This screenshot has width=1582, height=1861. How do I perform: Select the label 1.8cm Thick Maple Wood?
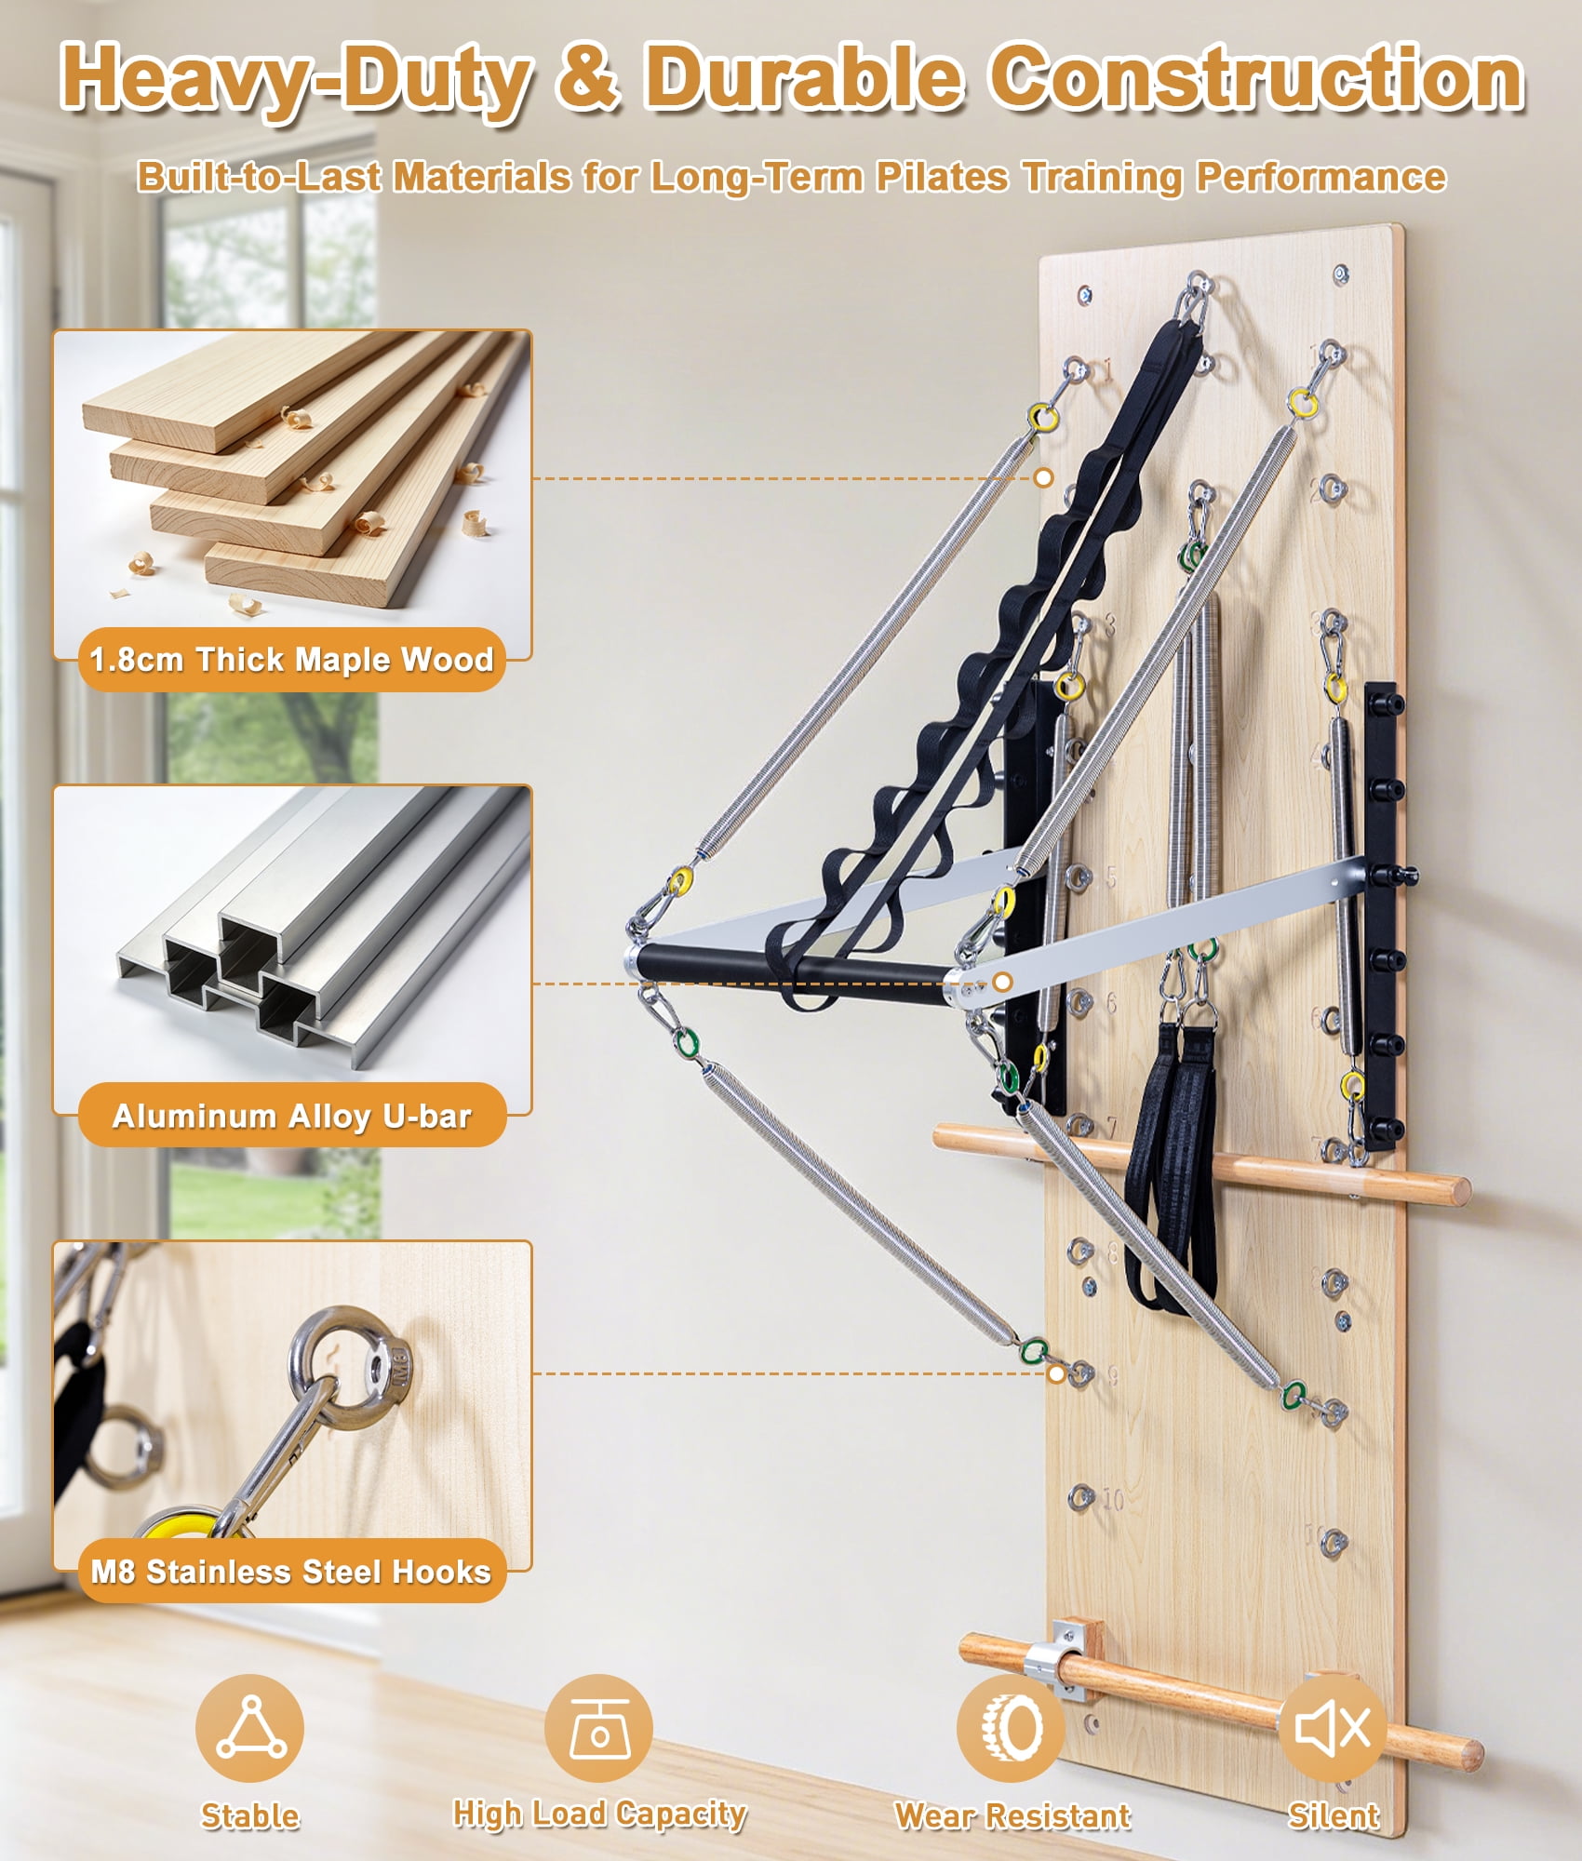[x=291, y=660]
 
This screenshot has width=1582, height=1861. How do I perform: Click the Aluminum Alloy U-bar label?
[x=292, y=1116]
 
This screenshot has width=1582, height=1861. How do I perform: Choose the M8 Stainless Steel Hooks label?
[x=290, y=1572]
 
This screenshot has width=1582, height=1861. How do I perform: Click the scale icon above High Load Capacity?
[x=598, y=1728]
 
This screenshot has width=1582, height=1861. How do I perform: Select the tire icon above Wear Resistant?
[x=1012, y=1728]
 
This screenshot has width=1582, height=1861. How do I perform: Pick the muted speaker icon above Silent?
[x=1333, y=1728]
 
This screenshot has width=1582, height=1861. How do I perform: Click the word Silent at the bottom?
[x=1334, y=1814]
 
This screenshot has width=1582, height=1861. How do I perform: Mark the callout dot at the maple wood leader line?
[x=1044, y=477]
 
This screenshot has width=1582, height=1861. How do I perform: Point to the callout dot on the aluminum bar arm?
[x=1002, y=982]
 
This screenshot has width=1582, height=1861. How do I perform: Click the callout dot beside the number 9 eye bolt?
[x=1056, y=1373]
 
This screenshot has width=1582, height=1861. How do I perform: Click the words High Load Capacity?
[x=599, y=1814]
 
